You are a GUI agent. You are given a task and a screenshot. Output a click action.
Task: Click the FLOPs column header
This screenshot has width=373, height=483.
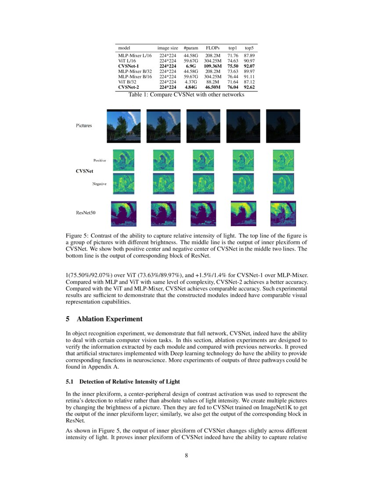212,47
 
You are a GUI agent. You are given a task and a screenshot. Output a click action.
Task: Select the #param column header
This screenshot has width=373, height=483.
191,47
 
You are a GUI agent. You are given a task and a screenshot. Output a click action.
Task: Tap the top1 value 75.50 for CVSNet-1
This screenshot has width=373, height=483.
232,66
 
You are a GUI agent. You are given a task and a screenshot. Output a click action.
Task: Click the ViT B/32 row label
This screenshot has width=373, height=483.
127,82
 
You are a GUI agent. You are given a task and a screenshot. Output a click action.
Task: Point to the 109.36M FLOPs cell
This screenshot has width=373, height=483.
213,66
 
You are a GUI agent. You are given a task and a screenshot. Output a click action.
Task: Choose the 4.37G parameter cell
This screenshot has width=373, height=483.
191,82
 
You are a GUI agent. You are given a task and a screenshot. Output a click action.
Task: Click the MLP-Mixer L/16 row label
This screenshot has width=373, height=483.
135,55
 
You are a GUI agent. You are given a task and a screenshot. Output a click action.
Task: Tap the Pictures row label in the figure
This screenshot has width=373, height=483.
83,126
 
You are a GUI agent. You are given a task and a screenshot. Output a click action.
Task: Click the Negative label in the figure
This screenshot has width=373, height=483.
99,184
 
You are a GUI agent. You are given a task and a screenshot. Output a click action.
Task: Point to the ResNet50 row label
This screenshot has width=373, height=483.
86,213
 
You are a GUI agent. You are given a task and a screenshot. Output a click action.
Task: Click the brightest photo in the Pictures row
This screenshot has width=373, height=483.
124,126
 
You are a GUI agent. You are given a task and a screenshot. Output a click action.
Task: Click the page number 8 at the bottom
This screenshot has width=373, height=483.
186,455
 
